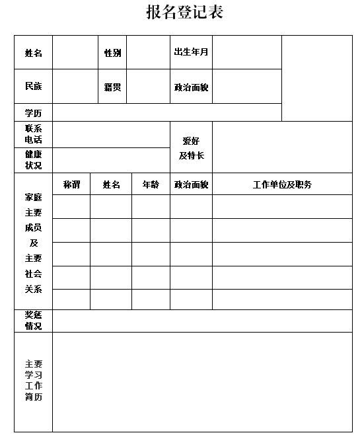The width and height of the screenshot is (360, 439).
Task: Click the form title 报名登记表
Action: pos(184,13)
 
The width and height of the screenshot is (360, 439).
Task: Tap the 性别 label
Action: pos(112,53)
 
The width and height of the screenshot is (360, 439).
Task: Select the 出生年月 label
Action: pos(191,52)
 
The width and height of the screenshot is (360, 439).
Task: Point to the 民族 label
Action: pos(34,87)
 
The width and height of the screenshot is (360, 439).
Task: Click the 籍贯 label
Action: pos(112,87)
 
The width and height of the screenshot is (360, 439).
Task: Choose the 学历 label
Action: pos(34,112)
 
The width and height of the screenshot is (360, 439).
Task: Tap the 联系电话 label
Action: pos(34,134)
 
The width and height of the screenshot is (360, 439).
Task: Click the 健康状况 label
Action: pos(34,160)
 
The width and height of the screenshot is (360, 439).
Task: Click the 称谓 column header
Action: pos(71,185)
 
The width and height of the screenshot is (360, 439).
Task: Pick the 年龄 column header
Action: pos(151,185)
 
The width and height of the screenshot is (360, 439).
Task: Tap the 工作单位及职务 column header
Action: pos(282,185)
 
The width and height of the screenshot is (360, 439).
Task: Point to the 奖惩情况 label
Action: pos(34,321)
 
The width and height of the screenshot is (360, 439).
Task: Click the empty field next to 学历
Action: pos(167,112)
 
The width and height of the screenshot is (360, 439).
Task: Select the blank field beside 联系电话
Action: pos(111,134)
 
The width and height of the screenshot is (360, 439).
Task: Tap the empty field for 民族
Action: pos(75,87)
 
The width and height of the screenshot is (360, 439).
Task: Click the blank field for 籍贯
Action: pos(148,87)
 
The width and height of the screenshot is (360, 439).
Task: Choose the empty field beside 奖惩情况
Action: pos(202,321)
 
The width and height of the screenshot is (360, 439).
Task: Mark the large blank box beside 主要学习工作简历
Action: pos(202,381)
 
